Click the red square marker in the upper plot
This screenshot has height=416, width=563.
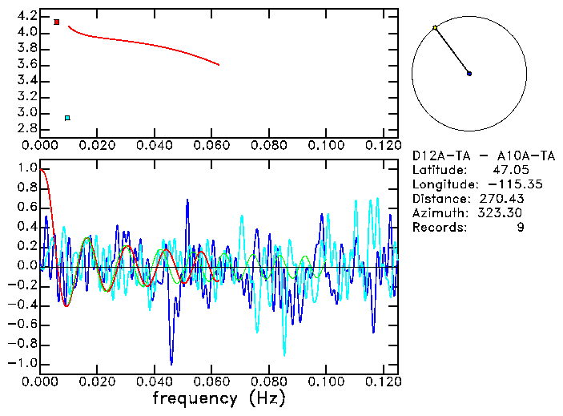pyautogui.click(x=57, y=22)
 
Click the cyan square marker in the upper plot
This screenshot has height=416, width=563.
pyautogui.click(x=67, y=118)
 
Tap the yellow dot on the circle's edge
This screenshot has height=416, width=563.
pyautogui.click(x=435, y=28)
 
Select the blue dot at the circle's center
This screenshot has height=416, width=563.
pyautogui.click(x=469, y=73)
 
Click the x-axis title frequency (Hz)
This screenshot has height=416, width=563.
pyautogui.click(x=219, y=398)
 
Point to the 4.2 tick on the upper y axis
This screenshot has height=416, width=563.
pyautogui.click(x=26, y=16)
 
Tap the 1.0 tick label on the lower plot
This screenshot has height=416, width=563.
pyautogui.click(x=26, y=168)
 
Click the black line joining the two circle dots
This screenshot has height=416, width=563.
pyautogui.click(x=452, y=50)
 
